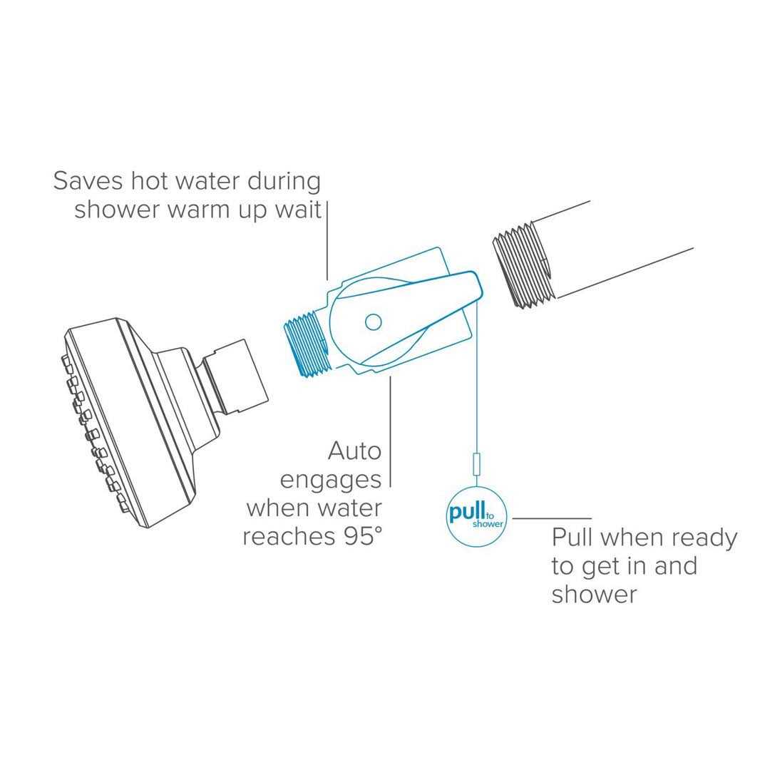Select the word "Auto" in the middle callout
click(354, 451)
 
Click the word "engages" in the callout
click(330, 481)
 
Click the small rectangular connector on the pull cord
click(476, 466)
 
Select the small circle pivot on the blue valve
click(373, 322)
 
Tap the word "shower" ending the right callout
click(594, 595)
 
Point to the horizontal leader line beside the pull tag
click(552, 518)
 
